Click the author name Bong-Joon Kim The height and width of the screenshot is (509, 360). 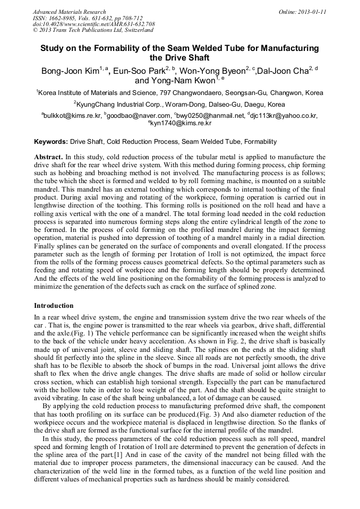[70, 71]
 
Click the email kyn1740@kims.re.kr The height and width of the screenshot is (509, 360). [181, 123]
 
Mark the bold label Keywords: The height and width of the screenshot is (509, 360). [51, 142]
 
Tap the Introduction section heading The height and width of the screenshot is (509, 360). [54, 306]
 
